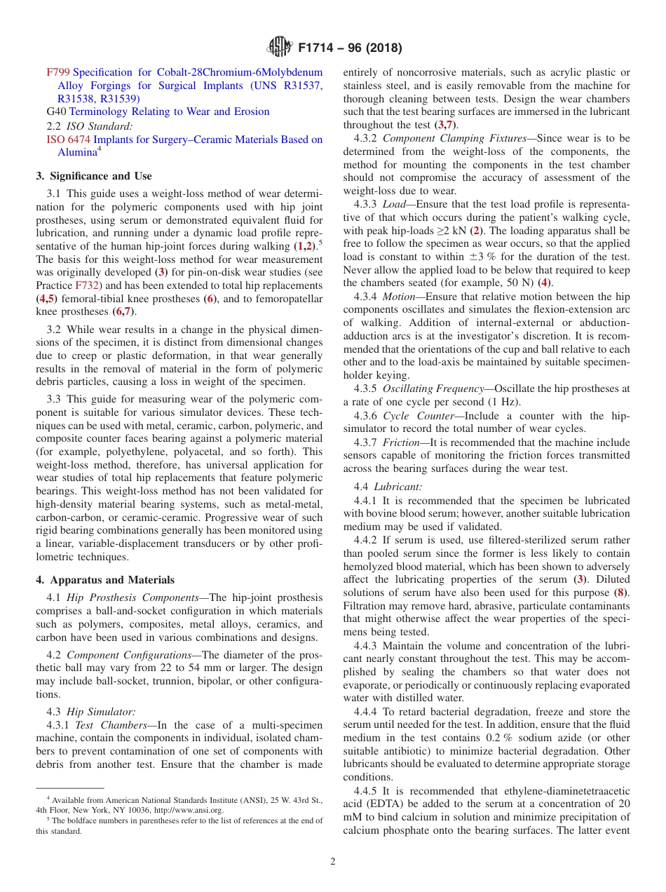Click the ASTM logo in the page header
click(280, 48)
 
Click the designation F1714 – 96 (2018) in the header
click(350, 48)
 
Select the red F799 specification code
click(58, 72)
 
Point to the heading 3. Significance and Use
click(94, 176)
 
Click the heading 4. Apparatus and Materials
click(105, 580)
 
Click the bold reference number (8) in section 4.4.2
click(622, 593)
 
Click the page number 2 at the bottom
click(333, 862)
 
